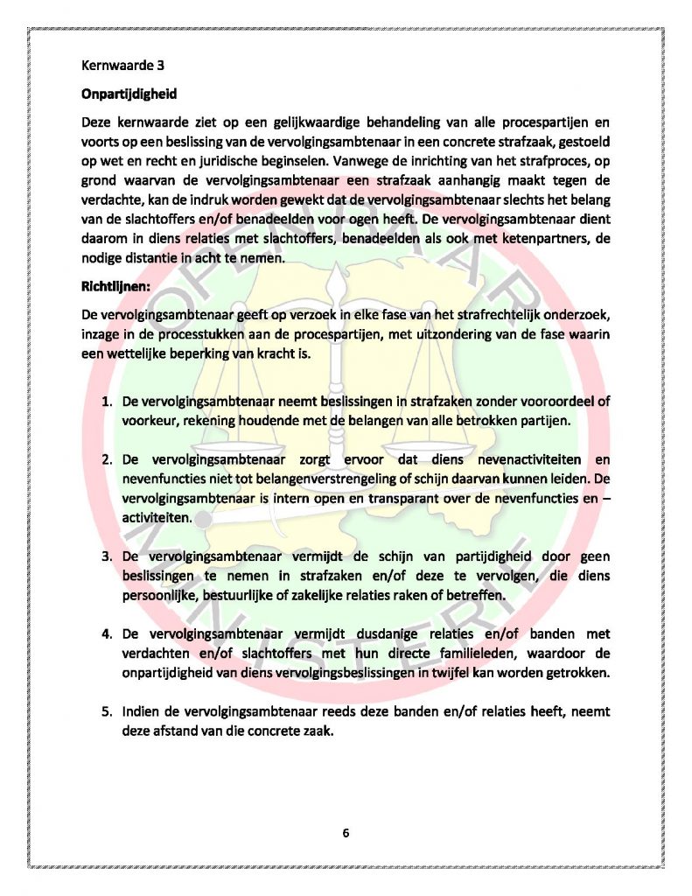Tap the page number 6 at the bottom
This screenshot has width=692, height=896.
[346, 832]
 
